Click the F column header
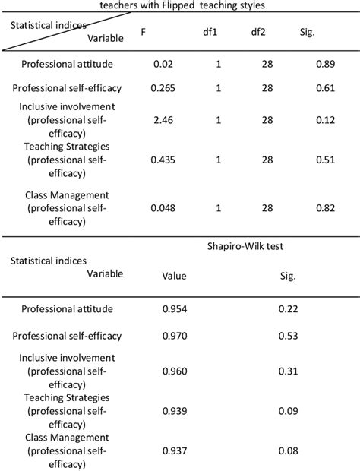pos(144,32)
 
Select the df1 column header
pos(218,32)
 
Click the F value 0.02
pos(163,64)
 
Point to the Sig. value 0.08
pos(288,451)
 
